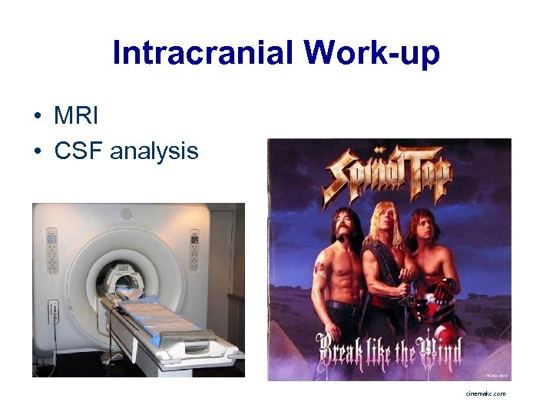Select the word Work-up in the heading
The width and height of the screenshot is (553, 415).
[372, 54]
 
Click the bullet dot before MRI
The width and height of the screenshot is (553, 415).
[37, 117]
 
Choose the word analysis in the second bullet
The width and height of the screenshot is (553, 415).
[154, 152]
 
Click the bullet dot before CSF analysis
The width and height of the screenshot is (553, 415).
[37, 152]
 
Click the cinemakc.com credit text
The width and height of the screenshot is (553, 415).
[485, 393]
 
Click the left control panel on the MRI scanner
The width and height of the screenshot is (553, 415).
[51, 249]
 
